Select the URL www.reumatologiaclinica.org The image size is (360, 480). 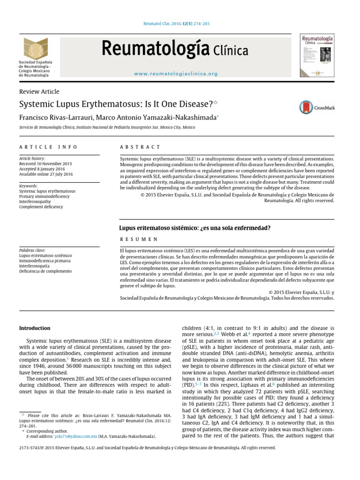point(176,74)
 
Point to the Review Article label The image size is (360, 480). point(39,91)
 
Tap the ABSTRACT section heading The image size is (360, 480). point(140,147)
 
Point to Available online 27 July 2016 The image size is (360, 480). point(46,174)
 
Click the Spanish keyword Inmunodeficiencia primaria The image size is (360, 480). point(45,261)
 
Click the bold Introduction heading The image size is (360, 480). point(34,328)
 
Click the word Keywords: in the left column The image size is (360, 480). point(29,186)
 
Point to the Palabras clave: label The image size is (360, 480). point(32,250)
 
